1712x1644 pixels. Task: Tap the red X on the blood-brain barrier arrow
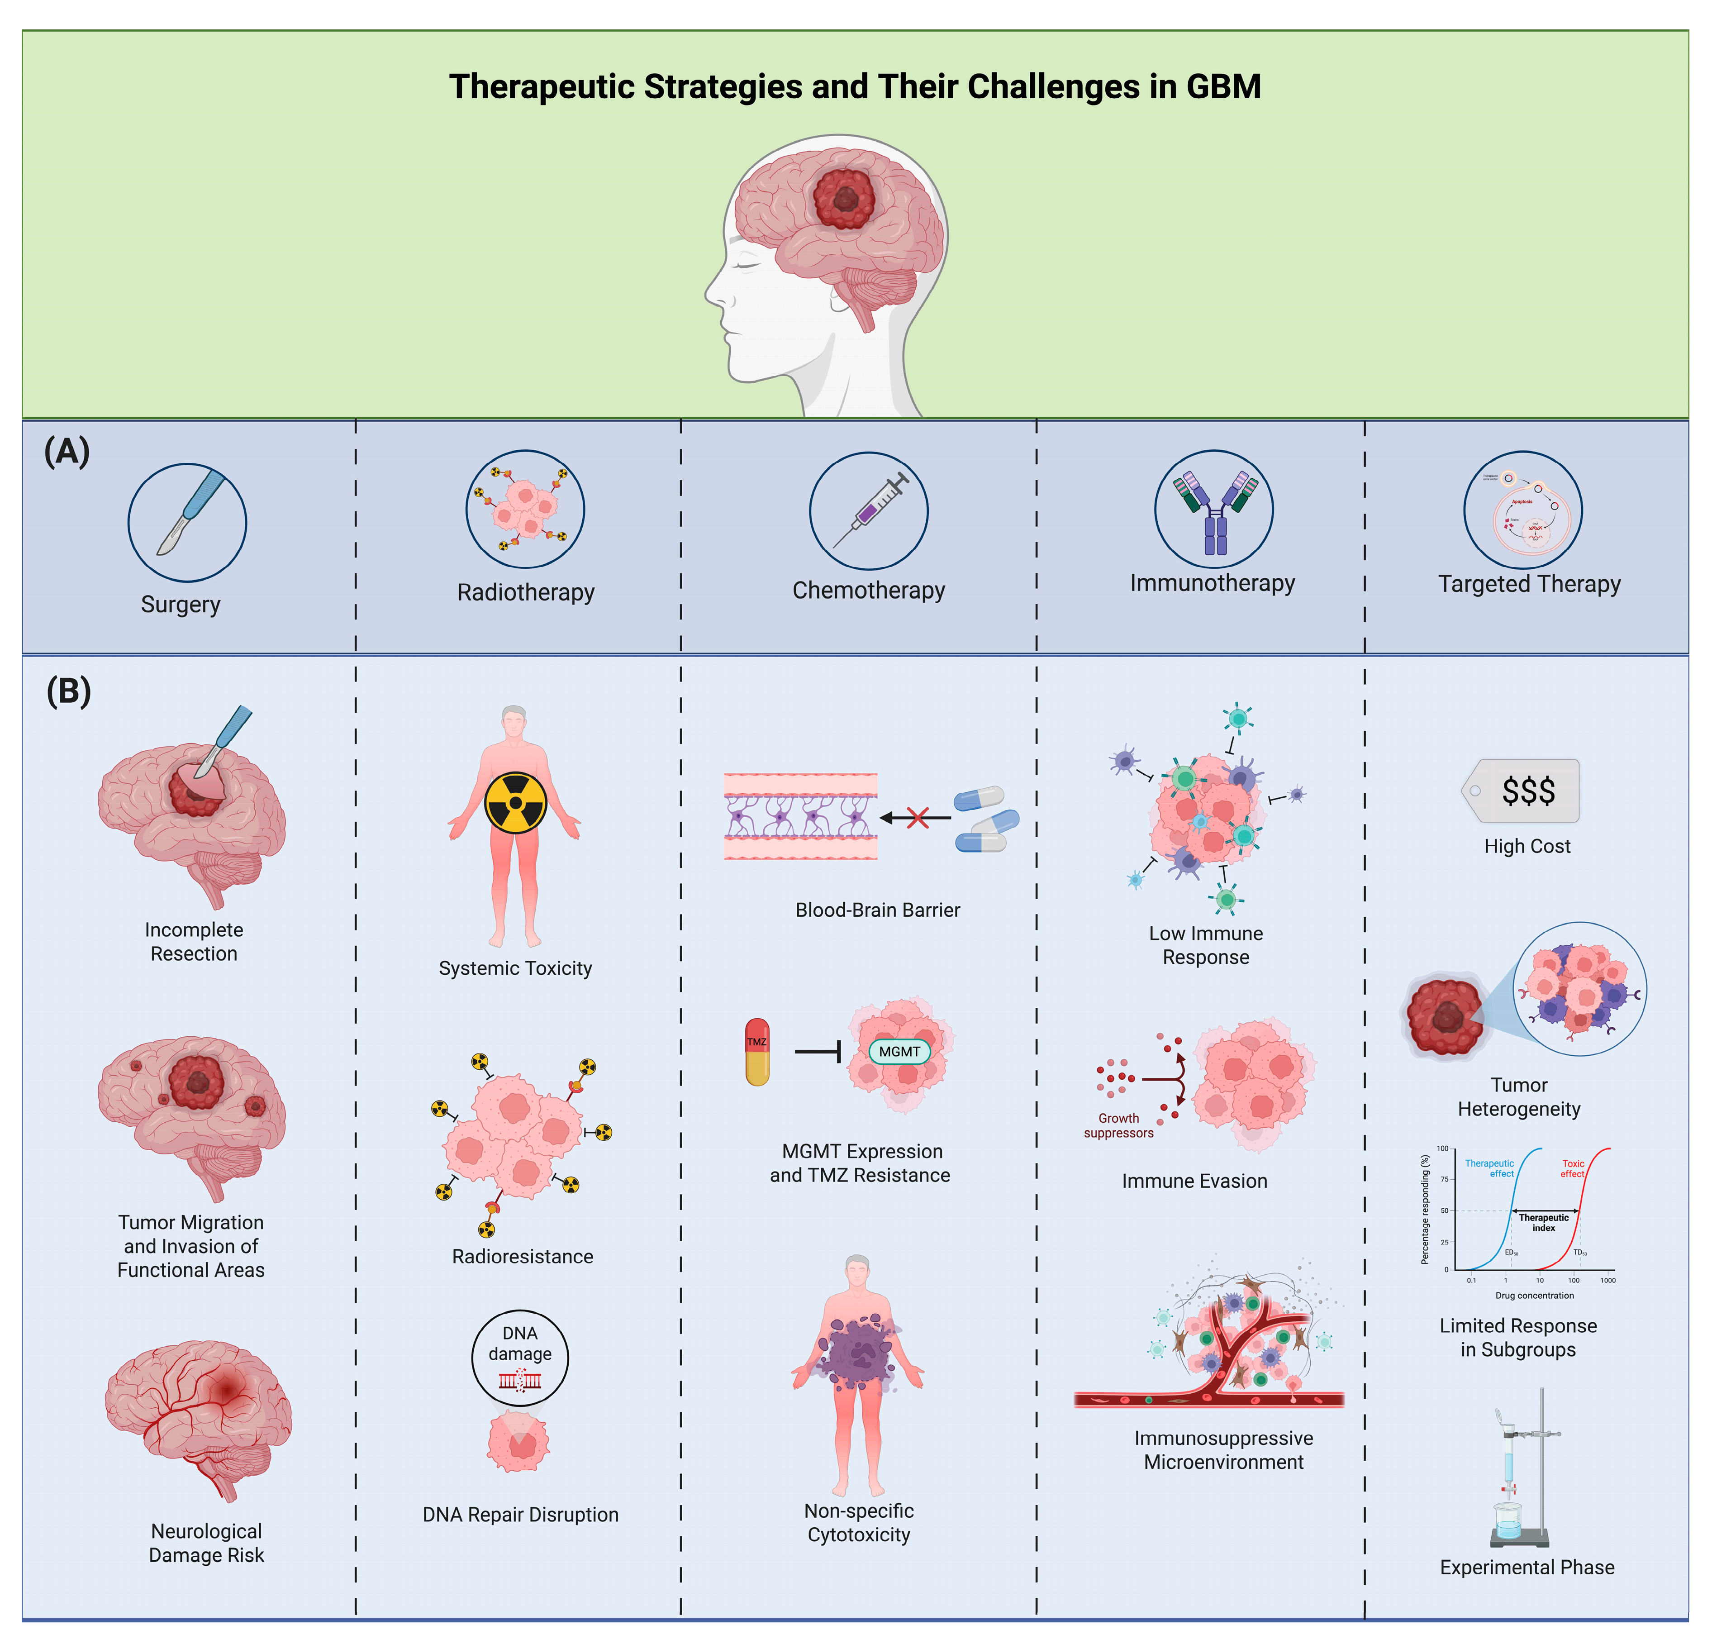pos(917,818)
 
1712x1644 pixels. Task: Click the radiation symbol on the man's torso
pos(515,802)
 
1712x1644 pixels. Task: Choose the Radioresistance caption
pos(523,1256)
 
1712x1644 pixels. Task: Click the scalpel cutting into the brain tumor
pos(223,743)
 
